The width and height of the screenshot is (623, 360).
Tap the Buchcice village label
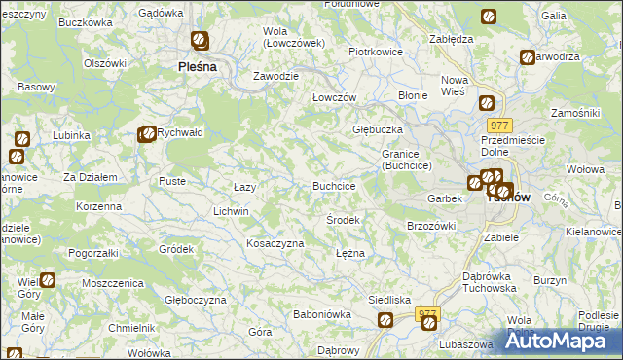[x=333, y=185]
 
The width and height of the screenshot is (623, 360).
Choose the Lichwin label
[x=231, y=211]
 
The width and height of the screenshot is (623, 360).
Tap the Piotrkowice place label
[x=376, y=52]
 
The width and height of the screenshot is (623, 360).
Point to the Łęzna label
[x=349, y=252]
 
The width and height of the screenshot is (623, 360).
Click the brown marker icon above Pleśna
[x=200, y=41]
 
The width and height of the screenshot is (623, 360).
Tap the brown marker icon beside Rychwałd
[x=146, y=134]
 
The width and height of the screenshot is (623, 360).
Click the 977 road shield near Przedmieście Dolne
[x=500, y=126]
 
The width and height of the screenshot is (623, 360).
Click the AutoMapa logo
[x=560, y=340]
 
